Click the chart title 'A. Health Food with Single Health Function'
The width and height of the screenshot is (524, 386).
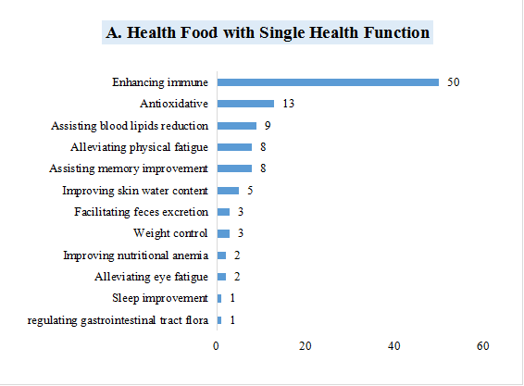268,33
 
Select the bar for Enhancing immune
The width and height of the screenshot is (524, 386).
328,82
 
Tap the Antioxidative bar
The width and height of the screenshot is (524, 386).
245,104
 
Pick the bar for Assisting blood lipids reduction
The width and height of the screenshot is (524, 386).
236,126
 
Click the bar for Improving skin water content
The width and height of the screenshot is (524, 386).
228,191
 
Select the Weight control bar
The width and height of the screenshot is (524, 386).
223,233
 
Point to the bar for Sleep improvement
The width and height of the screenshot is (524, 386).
219,298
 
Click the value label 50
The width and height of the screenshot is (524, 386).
453,82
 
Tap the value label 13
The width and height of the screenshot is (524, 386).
288,104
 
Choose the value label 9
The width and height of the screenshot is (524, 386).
267,126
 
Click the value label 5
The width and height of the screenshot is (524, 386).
248,191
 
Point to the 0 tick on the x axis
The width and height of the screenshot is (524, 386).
217,345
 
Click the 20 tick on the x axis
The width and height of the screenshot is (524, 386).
306,345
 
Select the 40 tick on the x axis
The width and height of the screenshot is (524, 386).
394,345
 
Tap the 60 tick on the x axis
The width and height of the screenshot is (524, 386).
482,345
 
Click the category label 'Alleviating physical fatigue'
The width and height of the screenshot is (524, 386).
139,147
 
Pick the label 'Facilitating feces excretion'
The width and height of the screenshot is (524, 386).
141,212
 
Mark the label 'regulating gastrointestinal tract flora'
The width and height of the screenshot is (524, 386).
118,320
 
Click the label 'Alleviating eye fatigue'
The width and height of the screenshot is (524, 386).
151,277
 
